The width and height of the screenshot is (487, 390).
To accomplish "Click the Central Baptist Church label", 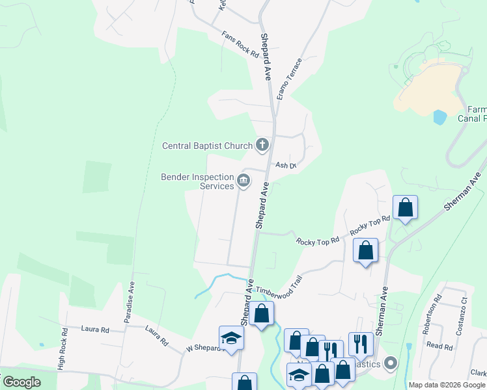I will click(206, 146).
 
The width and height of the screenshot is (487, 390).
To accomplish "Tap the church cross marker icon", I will click(262, 144).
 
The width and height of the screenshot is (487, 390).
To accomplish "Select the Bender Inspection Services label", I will click(198, 181).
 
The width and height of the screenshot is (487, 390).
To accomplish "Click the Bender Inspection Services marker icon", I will click(244, 181).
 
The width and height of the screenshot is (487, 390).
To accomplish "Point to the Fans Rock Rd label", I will click(240, 45).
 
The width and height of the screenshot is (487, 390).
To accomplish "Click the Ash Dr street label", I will click(285, 166).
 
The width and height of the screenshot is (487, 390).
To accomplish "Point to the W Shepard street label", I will click(202, 348).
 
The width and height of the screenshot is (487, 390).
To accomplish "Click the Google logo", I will click(21, 382).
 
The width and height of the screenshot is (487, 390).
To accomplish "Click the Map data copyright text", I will click(447, 385).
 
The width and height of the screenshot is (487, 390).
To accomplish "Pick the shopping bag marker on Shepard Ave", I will click(262, 314).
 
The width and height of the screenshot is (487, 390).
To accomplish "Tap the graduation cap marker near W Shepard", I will click(230, 337).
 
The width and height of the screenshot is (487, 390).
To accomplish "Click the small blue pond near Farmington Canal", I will click(440, 117).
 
